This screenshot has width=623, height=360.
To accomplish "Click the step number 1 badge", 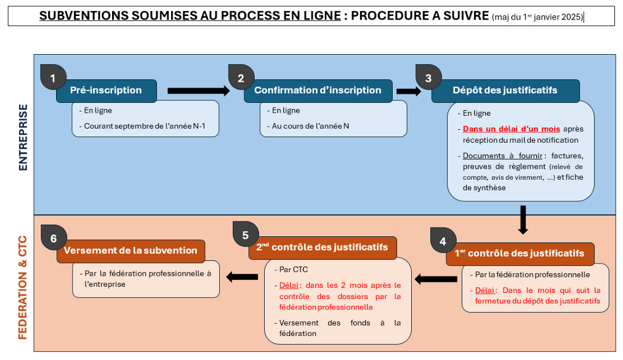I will [53, 78].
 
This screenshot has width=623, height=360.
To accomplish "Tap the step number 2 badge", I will [241, 78].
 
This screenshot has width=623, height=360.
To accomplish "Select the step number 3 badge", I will [428, 78].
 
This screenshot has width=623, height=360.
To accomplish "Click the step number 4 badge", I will [443, 241].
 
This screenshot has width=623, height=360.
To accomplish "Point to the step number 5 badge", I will [246, 234].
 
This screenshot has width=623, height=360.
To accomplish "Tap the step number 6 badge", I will [53, 238].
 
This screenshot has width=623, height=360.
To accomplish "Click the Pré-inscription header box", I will [106, 90].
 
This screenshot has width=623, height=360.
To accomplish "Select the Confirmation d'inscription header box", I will [318, 90].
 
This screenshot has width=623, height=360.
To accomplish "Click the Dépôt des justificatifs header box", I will [505, 90].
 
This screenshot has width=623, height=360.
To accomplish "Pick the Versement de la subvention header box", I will [131, 250].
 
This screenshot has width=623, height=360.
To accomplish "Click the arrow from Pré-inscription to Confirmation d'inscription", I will [198, 90].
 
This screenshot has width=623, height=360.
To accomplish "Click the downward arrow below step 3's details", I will [523, 220].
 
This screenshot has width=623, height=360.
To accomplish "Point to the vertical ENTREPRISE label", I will [23, 137].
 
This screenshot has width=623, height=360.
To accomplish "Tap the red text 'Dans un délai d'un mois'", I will [512, 129].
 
